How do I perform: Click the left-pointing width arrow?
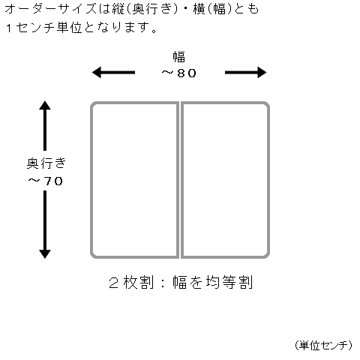pyautogui.click(x=113, y=73)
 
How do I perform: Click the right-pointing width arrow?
pyautogui.click(x=246, y=73)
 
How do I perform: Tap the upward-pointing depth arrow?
pyautogui.click(x=45, y=126)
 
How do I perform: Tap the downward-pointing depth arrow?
pyautogui.click(x=45, y=224)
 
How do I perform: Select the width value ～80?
pyautogui.click(x=178, y=73)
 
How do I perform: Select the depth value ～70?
pyautogui.click(x=45, y=181)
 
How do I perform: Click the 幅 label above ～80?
pyautogui.click(x=179, y=57)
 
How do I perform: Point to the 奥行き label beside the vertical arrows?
pyautogui.click(x=46, y=163)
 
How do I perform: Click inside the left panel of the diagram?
pyautogui.click(x=135, y=180)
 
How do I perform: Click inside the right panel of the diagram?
pyautogui.click(x=225, y=180)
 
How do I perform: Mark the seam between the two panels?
pyautogui.click(x=180, y=180)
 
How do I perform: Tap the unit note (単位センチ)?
pyautogui.click(x=323, y=346)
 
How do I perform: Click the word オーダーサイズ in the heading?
pyautogui.click(x=50, y=10)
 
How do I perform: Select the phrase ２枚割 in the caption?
pyautogui.click(x=131, y=283)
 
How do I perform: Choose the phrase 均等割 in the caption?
pyautogui.click(x=229, y=283)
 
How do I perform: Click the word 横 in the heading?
pyautogui.click(x=199, y=10)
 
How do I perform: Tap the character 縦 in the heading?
pyautogui.click(x=118, y=10)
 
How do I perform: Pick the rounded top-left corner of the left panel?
pyautogui.click(x=92, y=104)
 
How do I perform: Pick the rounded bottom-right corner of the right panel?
pyautogui.click(x=268, y=256)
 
